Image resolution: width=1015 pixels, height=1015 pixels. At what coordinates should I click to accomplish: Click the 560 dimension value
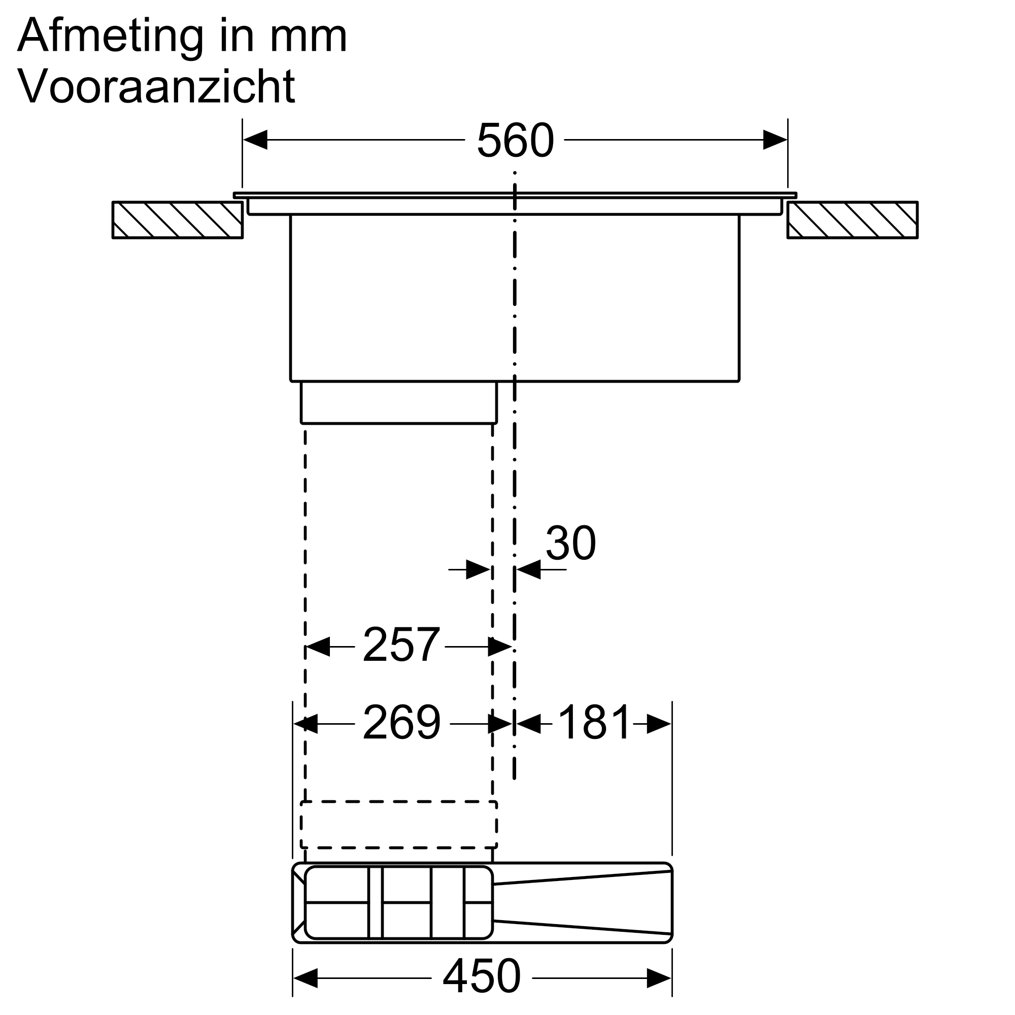point(515,140)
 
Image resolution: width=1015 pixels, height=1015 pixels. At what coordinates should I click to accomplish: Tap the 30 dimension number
point(570,543)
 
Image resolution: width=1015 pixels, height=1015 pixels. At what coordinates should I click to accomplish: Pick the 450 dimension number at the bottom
point(481,976)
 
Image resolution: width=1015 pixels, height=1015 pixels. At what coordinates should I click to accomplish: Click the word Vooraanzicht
point(156,86)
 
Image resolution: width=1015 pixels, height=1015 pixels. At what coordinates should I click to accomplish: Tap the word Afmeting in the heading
point(110,36)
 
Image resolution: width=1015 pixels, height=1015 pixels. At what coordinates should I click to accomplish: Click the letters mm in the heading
point(309,36)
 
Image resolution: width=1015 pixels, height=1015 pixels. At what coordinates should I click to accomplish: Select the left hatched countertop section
point(178,220)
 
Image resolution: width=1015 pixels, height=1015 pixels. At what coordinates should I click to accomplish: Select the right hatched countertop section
point(852,220)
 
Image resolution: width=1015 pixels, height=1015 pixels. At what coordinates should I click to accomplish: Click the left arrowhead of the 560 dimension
point(255,140)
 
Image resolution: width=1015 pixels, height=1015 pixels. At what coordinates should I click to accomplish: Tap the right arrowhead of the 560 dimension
point(775,140)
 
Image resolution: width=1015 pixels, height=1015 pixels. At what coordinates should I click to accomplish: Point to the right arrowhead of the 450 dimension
point(659,978)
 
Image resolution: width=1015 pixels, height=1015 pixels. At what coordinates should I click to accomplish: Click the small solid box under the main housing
point(398,402)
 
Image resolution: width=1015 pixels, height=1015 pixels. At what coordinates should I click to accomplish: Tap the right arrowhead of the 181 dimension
point(659,724)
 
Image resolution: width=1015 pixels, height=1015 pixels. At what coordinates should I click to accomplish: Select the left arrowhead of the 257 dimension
point(317,647)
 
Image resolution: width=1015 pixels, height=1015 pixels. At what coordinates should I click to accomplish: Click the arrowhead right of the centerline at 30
point(528,569)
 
